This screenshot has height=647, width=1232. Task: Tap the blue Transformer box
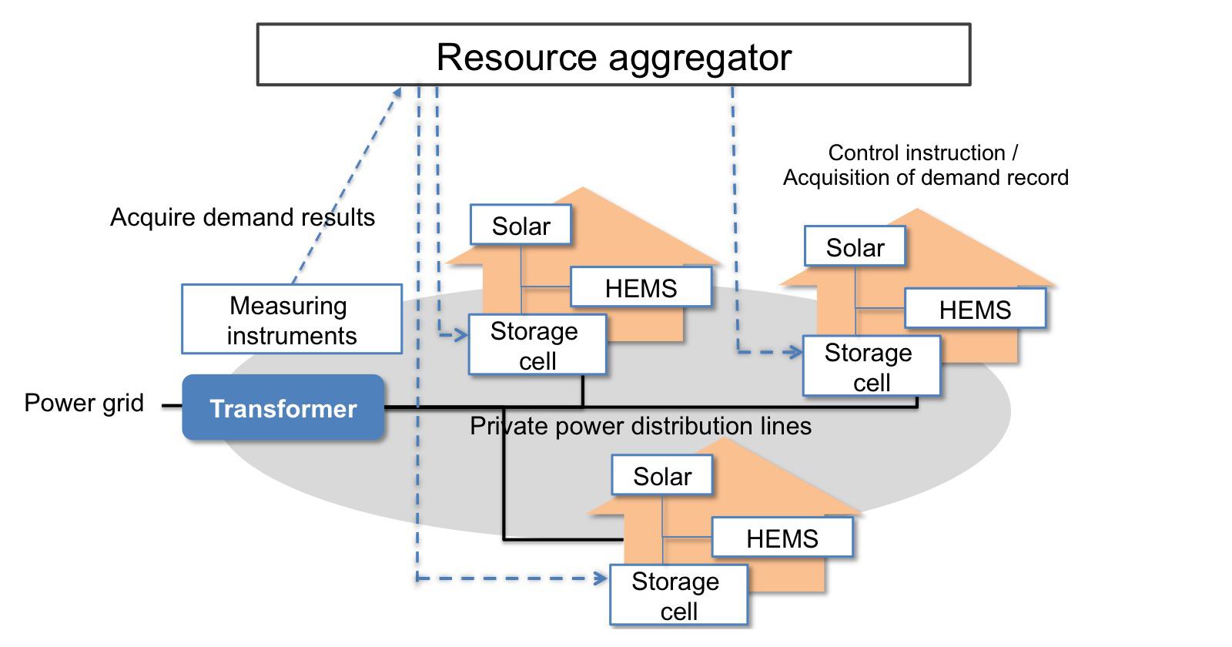click(283, 408)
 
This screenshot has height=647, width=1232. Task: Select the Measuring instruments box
click(292, 320)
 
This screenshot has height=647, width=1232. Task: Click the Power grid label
click(84, 403)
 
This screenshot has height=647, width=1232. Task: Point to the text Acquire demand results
click(243, 217)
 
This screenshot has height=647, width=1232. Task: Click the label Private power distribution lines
click(641, 426)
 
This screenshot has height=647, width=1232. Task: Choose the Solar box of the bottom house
click(662, 476)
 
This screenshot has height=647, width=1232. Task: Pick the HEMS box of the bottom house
click(782, 538)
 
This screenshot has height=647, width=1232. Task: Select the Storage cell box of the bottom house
click(678, 595)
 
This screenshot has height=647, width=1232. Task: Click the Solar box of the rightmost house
click(855, 247)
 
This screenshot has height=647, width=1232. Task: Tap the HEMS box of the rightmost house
click(975, 310)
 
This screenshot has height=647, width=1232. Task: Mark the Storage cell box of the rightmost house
click(871, 367)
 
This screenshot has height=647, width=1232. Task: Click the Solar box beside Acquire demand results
click(521, 226)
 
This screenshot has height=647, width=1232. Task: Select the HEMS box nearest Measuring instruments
click(641, 288)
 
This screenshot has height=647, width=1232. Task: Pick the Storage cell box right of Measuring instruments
click(537, 345)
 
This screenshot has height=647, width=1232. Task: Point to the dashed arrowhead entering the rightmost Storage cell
click(795, 352)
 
